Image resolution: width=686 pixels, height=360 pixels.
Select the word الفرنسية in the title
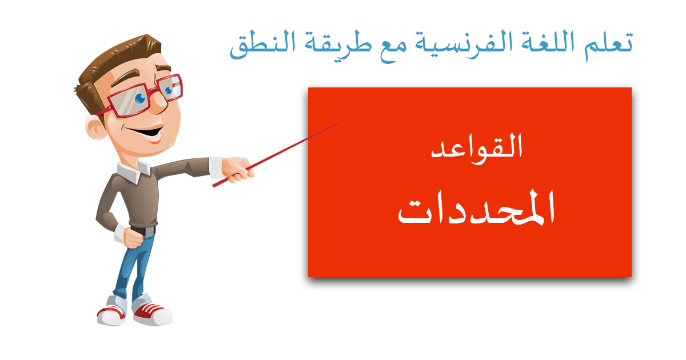tap(460, 45)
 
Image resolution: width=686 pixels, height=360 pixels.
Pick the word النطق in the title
tap(262, 45)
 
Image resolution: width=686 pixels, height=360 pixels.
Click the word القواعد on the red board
tap(477, 149)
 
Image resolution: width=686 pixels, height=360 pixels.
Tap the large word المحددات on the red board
tap(476, 207)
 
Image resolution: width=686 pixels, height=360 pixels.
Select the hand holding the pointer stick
tap(238, 170)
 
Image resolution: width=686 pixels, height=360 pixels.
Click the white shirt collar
tap(134, 171)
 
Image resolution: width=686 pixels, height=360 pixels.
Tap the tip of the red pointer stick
tap(338, 123)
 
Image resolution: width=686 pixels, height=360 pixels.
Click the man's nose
tap(160, 104)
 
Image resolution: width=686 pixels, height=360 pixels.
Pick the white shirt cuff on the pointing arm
tap(216, 167)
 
